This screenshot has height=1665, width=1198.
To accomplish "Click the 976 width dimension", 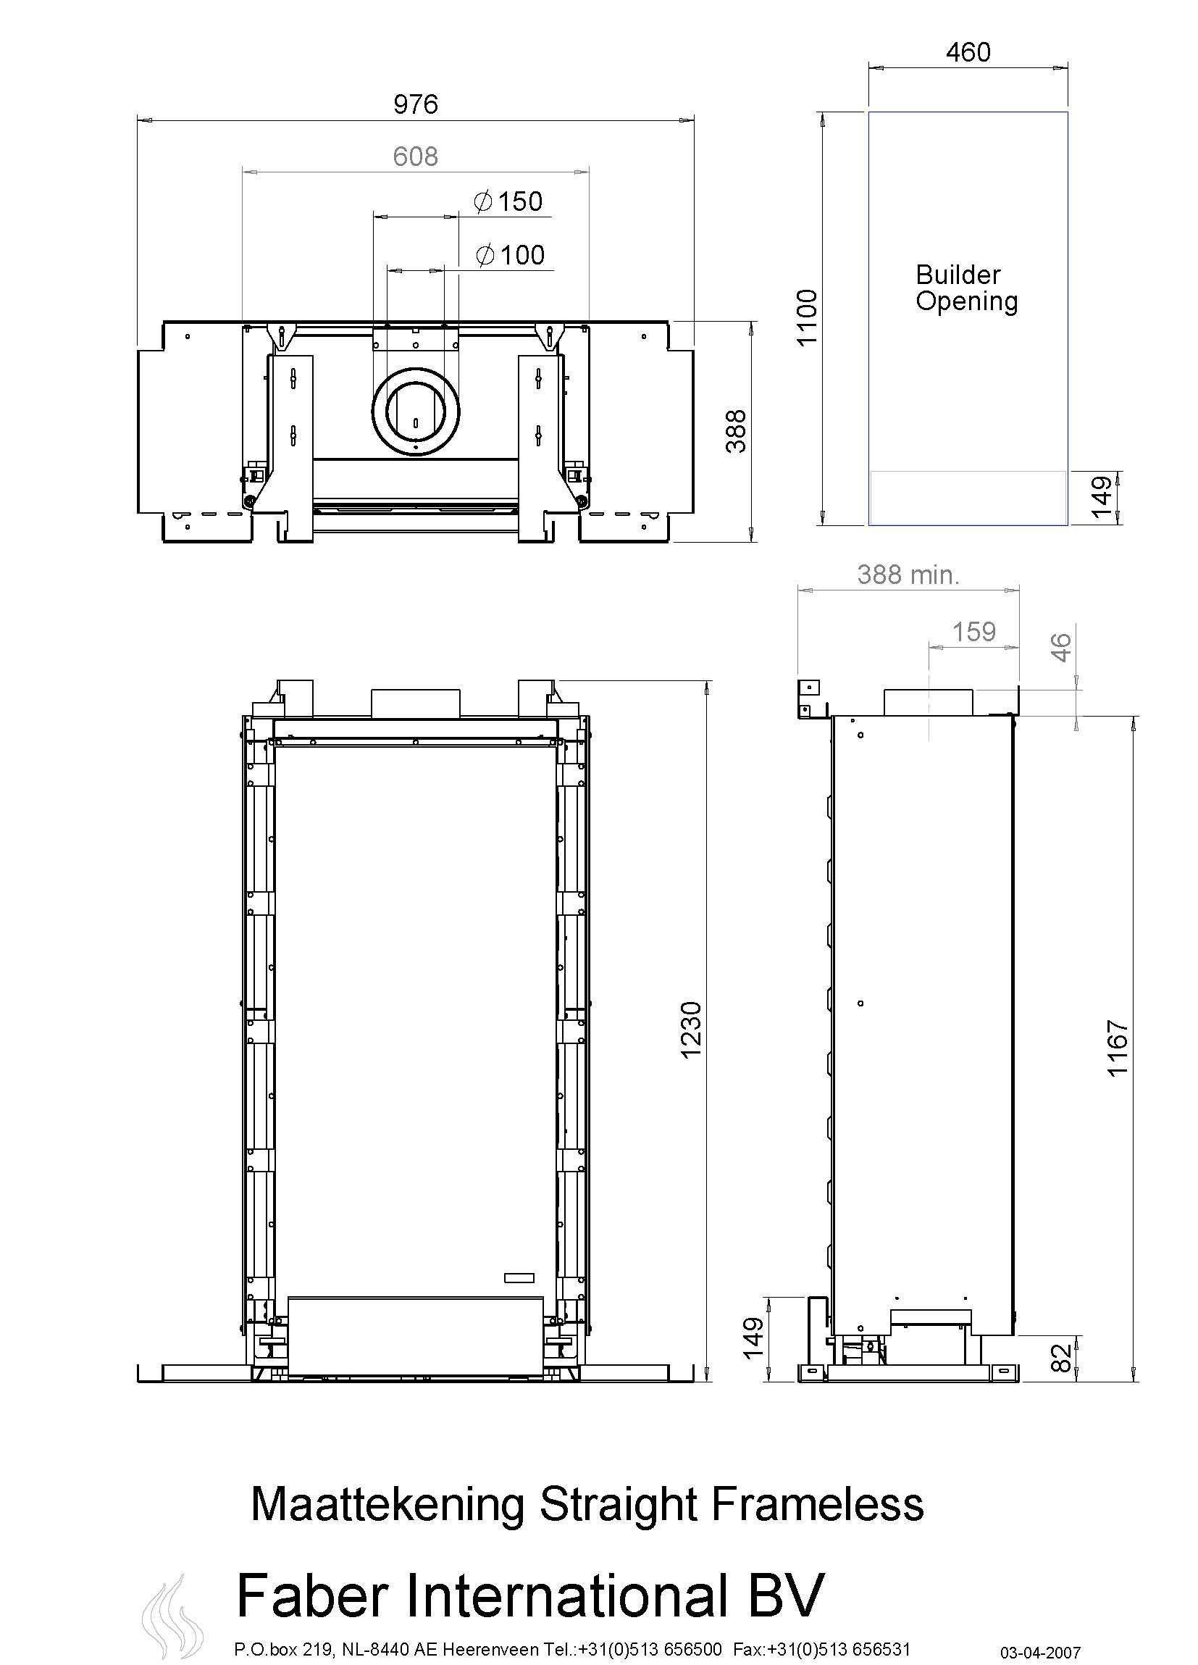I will [x=416, y=104].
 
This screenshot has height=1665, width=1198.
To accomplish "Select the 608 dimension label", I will [x=415, y=157].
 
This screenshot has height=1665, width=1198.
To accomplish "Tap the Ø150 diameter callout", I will [x=508, y=201].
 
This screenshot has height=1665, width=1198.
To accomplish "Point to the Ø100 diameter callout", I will [x=509, y=255].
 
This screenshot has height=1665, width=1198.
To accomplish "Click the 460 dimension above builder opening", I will [x=968, y=52].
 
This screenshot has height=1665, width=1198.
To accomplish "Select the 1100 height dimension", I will [x=807, y=317].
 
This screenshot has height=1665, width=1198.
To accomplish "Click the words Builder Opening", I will [x=965, y=288].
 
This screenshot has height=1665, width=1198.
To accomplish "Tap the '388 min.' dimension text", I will [x=908, y=574].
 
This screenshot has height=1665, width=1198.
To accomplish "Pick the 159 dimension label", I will [x=973, y=631].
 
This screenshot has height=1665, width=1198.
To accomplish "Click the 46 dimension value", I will [x=1061, y=647].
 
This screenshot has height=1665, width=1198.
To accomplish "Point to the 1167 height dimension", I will [x=1117, y=1048].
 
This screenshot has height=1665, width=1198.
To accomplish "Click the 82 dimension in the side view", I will [x=1061, y=1358].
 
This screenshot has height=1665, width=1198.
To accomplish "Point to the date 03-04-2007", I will [x=1041, y=1653].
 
